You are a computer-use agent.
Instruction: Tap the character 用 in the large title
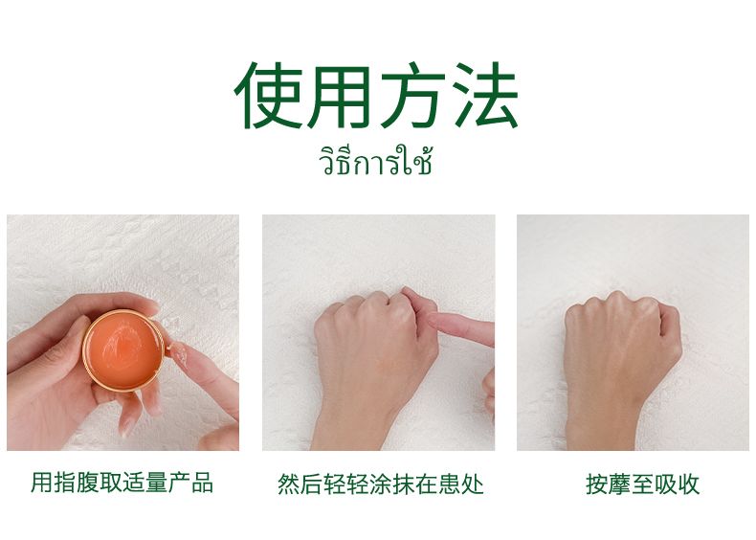pyautogui.click(x=340, y=96)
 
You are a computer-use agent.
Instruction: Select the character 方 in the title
pyautogui.click(x=411, y=95)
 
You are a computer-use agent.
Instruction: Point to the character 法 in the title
pyautogui.click(x=484, y=95)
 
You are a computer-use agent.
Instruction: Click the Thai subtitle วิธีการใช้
pyautogui.click(x=375, y=160)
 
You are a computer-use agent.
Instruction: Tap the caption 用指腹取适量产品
pyautogui.click(x=122, y=483)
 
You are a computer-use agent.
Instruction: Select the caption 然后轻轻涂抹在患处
pyautogui.click(x=381, y=484)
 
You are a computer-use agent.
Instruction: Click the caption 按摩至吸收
pyautogui.click(x=643, y=484)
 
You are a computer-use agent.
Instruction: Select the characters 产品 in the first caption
pyautogui.click(x=191, y=483)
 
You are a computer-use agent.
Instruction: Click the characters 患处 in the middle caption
pyautogui.click(x=461, y=484)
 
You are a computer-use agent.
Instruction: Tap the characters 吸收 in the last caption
pyautogui.click(x=677, y=484)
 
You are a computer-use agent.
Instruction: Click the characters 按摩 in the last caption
pyautogui.click(x=608, y=484)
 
